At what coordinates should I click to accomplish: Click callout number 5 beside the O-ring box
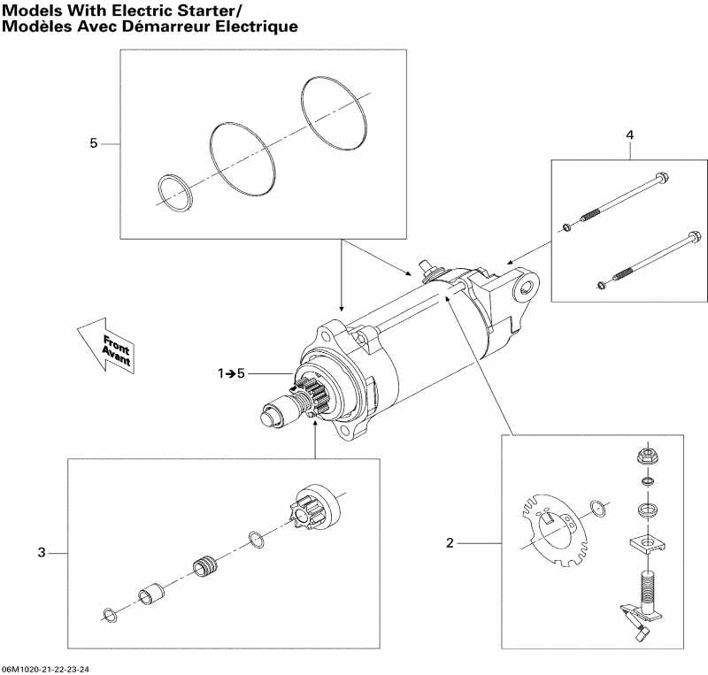pos(93,143)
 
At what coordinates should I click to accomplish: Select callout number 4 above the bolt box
pos(629,134)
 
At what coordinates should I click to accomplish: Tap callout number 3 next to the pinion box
pos(41,554)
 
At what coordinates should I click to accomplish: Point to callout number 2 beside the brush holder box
pos(450,542)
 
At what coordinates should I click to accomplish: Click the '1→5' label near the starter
pos(232,374)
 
